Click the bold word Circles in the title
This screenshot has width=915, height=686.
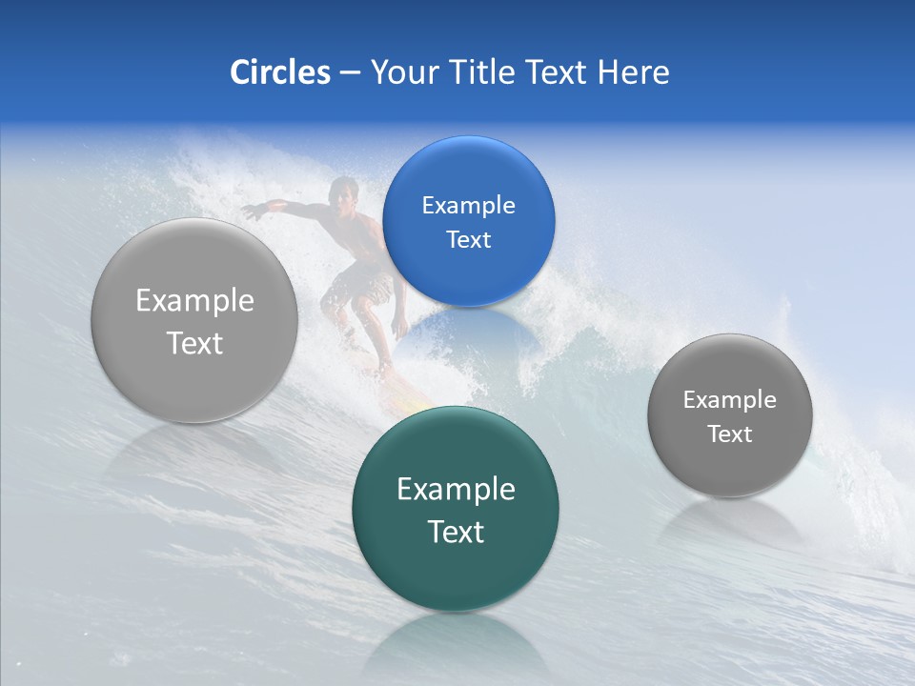[x=280, y=72]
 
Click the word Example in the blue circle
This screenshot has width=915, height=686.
[x=468, y=205]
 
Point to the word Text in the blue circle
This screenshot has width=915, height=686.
[x=468, y=239]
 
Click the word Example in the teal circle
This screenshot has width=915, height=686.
[x=456, y=490]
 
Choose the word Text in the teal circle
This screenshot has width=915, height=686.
[x=456, y=532]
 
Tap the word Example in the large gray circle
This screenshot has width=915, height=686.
[x=194, y=301]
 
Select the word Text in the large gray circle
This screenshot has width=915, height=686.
[x=194, y=343]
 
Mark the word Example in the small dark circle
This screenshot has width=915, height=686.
[x=730, y=400]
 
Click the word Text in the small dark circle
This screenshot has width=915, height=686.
[x=730, y=434]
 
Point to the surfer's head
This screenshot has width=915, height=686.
[x=340, y=193]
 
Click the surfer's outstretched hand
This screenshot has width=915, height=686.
[x=250, y=212]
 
